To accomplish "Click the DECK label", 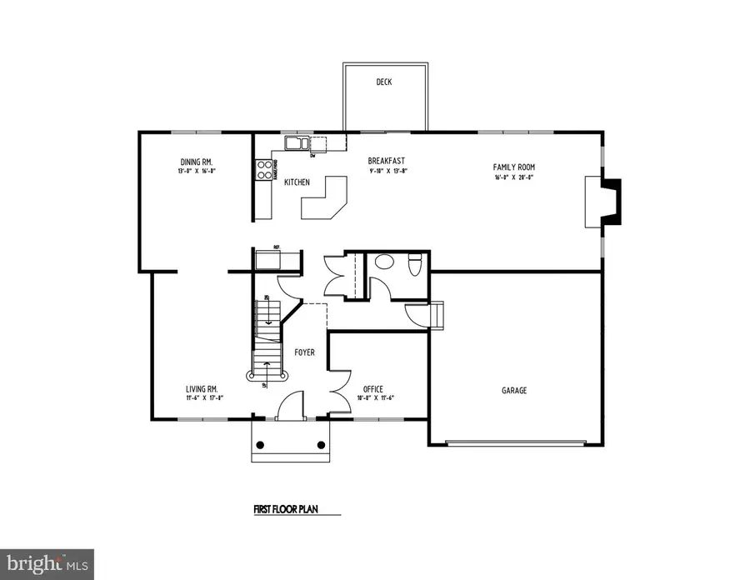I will pyautogui.click(x=383, y=82).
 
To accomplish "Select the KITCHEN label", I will pyautogui.click(x=297, y=182).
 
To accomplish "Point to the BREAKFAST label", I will pyautogui.click(x=387, y=161).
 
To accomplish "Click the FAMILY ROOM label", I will pyautogui.click(x=512, y=167).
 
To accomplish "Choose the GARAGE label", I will pyautogui.click(x=513, y=390).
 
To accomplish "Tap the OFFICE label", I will pyautogui.click(x=372, y=389).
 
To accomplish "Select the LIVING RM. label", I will pyautogui.click(x=202, y=389).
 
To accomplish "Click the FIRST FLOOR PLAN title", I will pyautogui.click(x=286, y=507).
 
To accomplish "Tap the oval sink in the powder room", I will pyautogui.click(x=384, y=261).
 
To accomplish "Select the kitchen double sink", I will pyautogui.click(x=296, y=144).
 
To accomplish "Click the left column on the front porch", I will pyautogui.click(x=262, y=444).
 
